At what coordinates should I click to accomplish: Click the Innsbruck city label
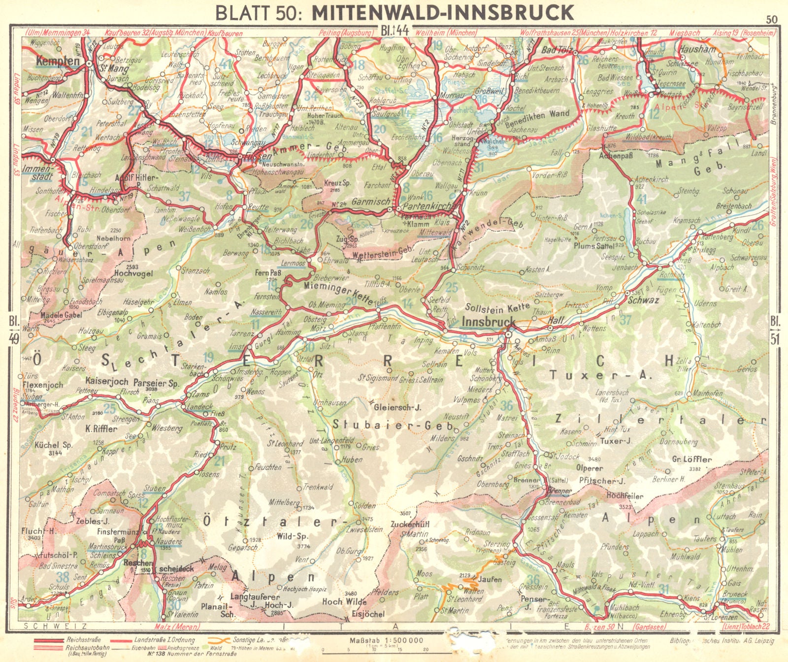pos(489,321)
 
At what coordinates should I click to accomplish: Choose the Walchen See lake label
pos(492,143)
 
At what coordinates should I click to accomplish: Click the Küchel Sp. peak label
pos(54,445)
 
